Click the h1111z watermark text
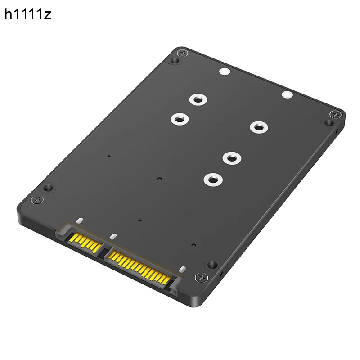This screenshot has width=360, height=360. tap(28, 14)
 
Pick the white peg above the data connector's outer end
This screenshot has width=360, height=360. tap(79, 221)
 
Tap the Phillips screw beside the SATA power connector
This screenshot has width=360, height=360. tap(199, 278)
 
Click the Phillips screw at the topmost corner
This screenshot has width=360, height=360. tap(181, 54)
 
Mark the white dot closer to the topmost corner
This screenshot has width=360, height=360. tap(224, 72)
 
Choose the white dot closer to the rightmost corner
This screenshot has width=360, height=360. tap(286, 94)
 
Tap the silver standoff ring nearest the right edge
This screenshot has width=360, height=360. tap(257, 127)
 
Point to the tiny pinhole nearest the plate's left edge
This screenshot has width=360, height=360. tap(109, 157)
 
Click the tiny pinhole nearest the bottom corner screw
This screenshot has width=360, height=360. tap(193, 246)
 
